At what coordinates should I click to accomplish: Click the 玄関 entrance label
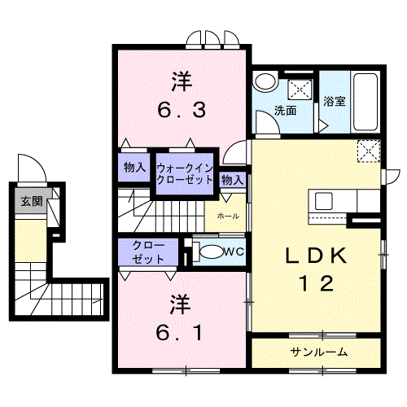point(32,201)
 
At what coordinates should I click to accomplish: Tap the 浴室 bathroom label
point(335,101)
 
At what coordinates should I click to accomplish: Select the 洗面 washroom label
point(285,111)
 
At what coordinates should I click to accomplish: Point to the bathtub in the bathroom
point(365,102)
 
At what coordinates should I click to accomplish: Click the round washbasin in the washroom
point(265,81)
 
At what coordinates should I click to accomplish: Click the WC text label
point(234,252)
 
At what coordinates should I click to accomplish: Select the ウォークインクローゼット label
point(185,174)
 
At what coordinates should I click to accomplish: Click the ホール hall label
point(228,217)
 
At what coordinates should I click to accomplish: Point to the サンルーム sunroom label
point(319,352)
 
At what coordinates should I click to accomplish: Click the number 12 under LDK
point(316,283)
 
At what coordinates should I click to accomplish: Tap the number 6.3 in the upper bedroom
point(182,110)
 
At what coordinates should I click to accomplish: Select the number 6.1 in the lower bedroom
point(179,333)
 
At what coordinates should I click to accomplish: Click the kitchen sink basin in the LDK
point(324,201)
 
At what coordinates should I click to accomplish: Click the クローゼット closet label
point(148,252)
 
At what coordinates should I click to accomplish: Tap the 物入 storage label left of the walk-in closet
point(135,168)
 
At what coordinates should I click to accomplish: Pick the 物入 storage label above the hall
point(232,180)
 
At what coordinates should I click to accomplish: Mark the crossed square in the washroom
point(300,90)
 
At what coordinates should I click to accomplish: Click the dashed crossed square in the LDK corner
point(369,151)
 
